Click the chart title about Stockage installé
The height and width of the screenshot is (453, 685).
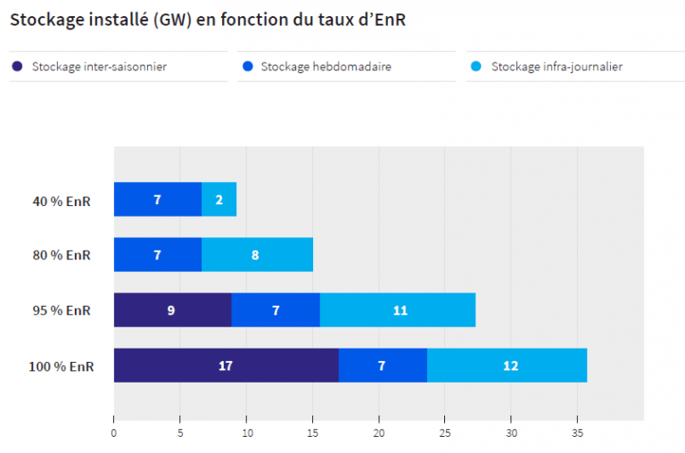208,20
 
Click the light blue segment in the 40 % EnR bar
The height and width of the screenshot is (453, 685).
219,200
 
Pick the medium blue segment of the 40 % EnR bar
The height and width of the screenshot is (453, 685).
158,200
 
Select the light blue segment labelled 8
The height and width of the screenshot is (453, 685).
257,255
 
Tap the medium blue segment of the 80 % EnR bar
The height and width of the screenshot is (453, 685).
158,255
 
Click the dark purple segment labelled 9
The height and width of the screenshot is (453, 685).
172,310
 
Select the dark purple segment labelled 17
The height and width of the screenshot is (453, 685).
226,366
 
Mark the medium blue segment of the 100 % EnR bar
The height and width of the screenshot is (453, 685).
383,366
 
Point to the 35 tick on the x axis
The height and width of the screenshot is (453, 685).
577,433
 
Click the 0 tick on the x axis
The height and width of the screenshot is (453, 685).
114,433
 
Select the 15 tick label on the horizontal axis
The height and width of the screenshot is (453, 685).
312,433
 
